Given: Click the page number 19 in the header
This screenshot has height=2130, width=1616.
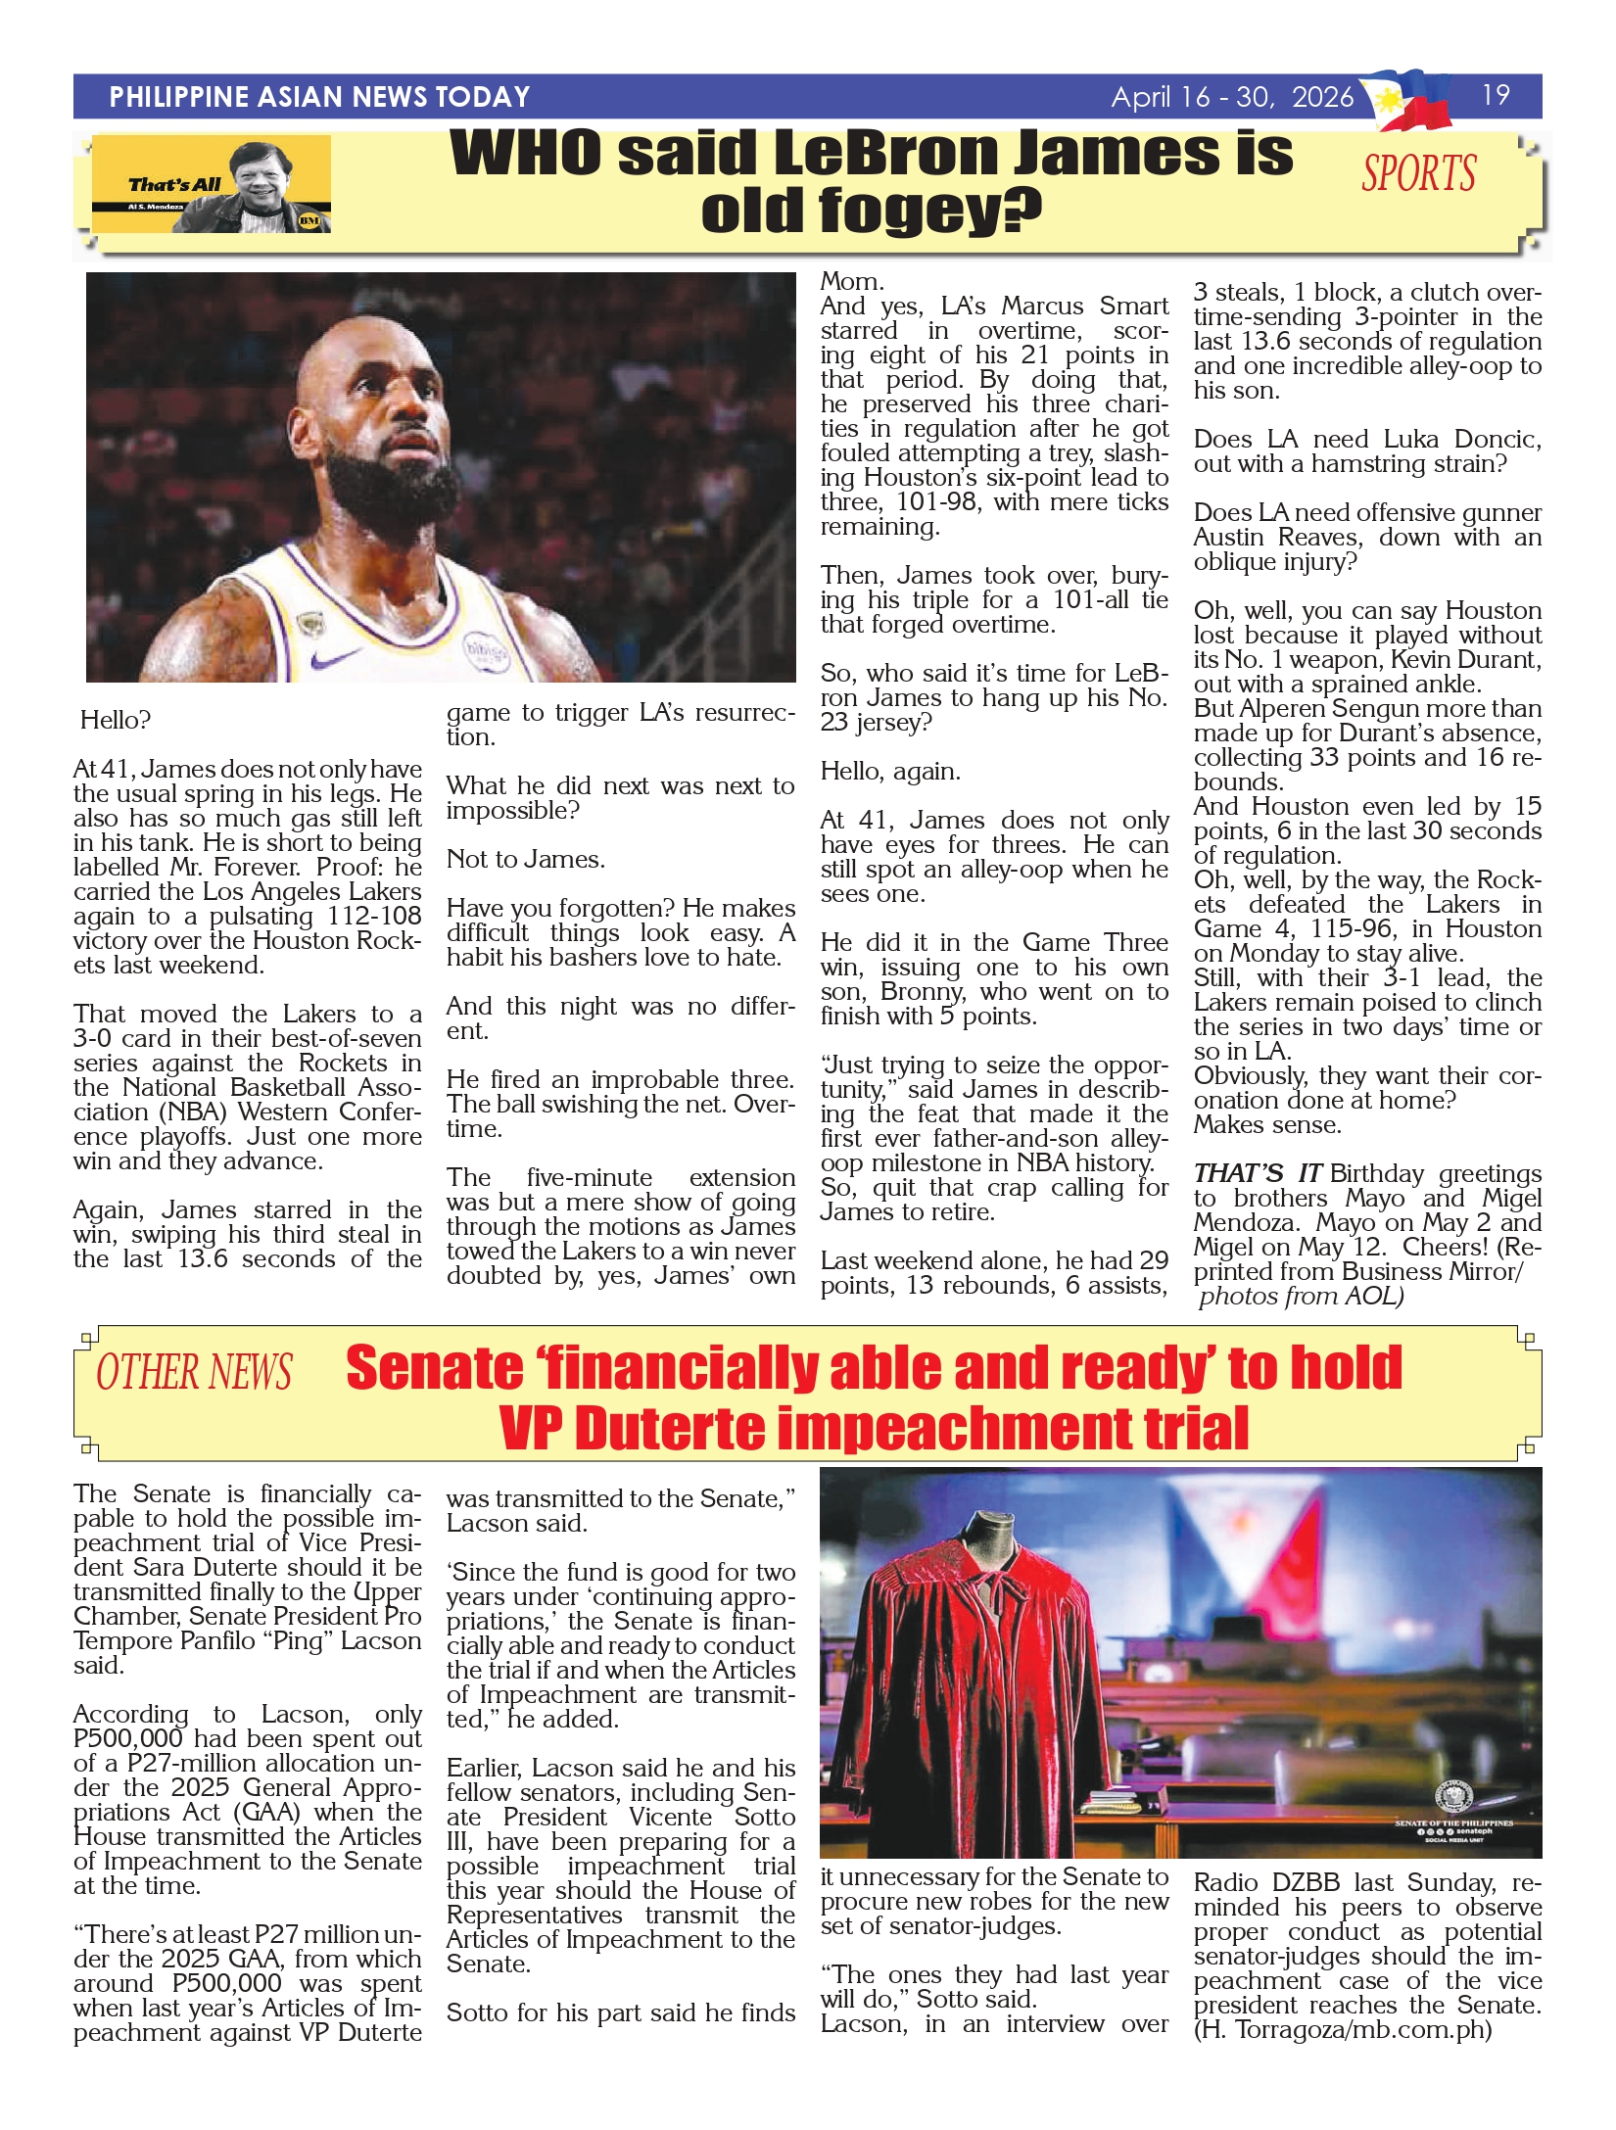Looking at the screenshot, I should point(1496,95).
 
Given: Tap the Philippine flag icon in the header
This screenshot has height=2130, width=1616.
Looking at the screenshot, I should point(1411,99).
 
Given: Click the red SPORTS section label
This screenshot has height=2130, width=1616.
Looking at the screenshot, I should point(1418,174).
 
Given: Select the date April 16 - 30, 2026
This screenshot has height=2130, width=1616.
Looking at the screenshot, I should point(1232,97).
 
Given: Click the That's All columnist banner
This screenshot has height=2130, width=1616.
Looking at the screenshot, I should point(212,185).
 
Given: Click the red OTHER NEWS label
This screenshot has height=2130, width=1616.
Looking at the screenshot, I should point(194,1373).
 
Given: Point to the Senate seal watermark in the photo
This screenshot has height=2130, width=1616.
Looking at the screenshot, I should point(1453,1798).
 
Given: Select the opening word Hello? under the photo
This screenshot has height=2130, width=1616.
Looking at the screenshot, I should point(116,721).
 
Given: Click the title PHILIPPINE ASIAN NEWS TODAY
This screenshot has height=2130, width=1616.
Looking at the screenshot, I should point(319,97).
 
